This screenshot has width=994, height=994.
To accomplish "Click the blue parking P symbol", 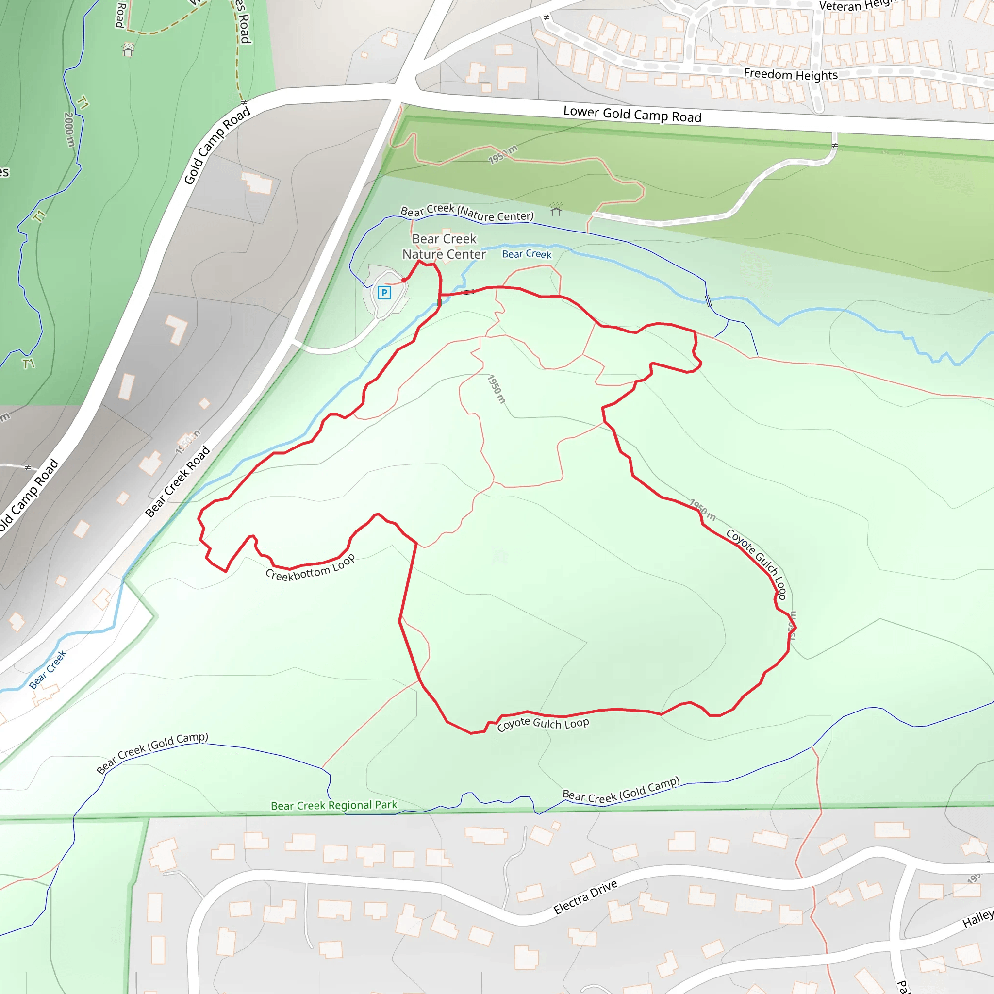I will pos(384,293).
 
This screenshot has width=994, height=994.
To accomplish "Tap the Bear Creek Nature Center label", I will pos(444,247).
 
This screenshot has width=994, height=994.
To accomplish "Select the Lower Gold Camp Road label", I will pos(632,114).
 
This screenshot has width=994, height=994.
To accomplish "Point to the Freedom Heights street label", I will pos(790,75).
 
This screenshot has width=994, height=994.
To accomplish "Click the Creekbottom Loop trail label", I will pos(310,568).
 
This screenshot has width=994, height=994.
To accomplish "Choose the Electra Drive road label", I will pos(585,897).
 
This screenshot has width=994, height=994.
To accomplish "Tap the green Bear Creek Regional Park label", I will pos(334,805).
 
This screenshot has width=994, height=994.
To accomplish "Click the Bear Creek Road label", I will pos(178,481).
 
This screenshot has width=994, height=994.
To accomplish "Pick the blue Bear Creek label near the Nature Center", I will pos(526,254).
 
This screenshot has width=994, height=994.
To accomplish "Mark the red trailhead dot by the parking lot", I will pos(404,281).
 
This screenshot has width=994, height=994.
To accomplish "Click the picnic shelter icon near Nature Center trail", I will pos(556,209).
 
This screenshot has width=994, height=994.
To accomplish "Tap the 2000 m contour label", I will pos(69,129).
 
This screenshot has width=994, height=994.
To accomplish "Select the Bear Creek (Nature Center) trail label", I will pos(466,212).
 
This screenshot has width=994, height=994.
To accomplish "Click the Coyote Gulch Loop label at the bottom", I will pos(543,723).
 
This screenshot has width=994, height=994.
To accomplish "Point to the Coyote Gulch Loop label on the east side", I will pos(756,564).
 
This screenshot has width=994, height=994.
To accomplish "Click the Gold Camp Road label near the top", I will pos(217,145).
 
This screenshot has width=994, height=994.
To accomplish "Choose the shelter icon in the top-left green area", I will pos(128,50).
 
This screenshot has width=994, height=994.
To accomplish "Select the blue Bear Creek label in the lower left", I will pos(48,669).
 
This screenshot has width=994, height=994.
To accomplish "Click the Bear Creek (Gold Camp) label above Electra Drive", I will pos(621,790).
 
